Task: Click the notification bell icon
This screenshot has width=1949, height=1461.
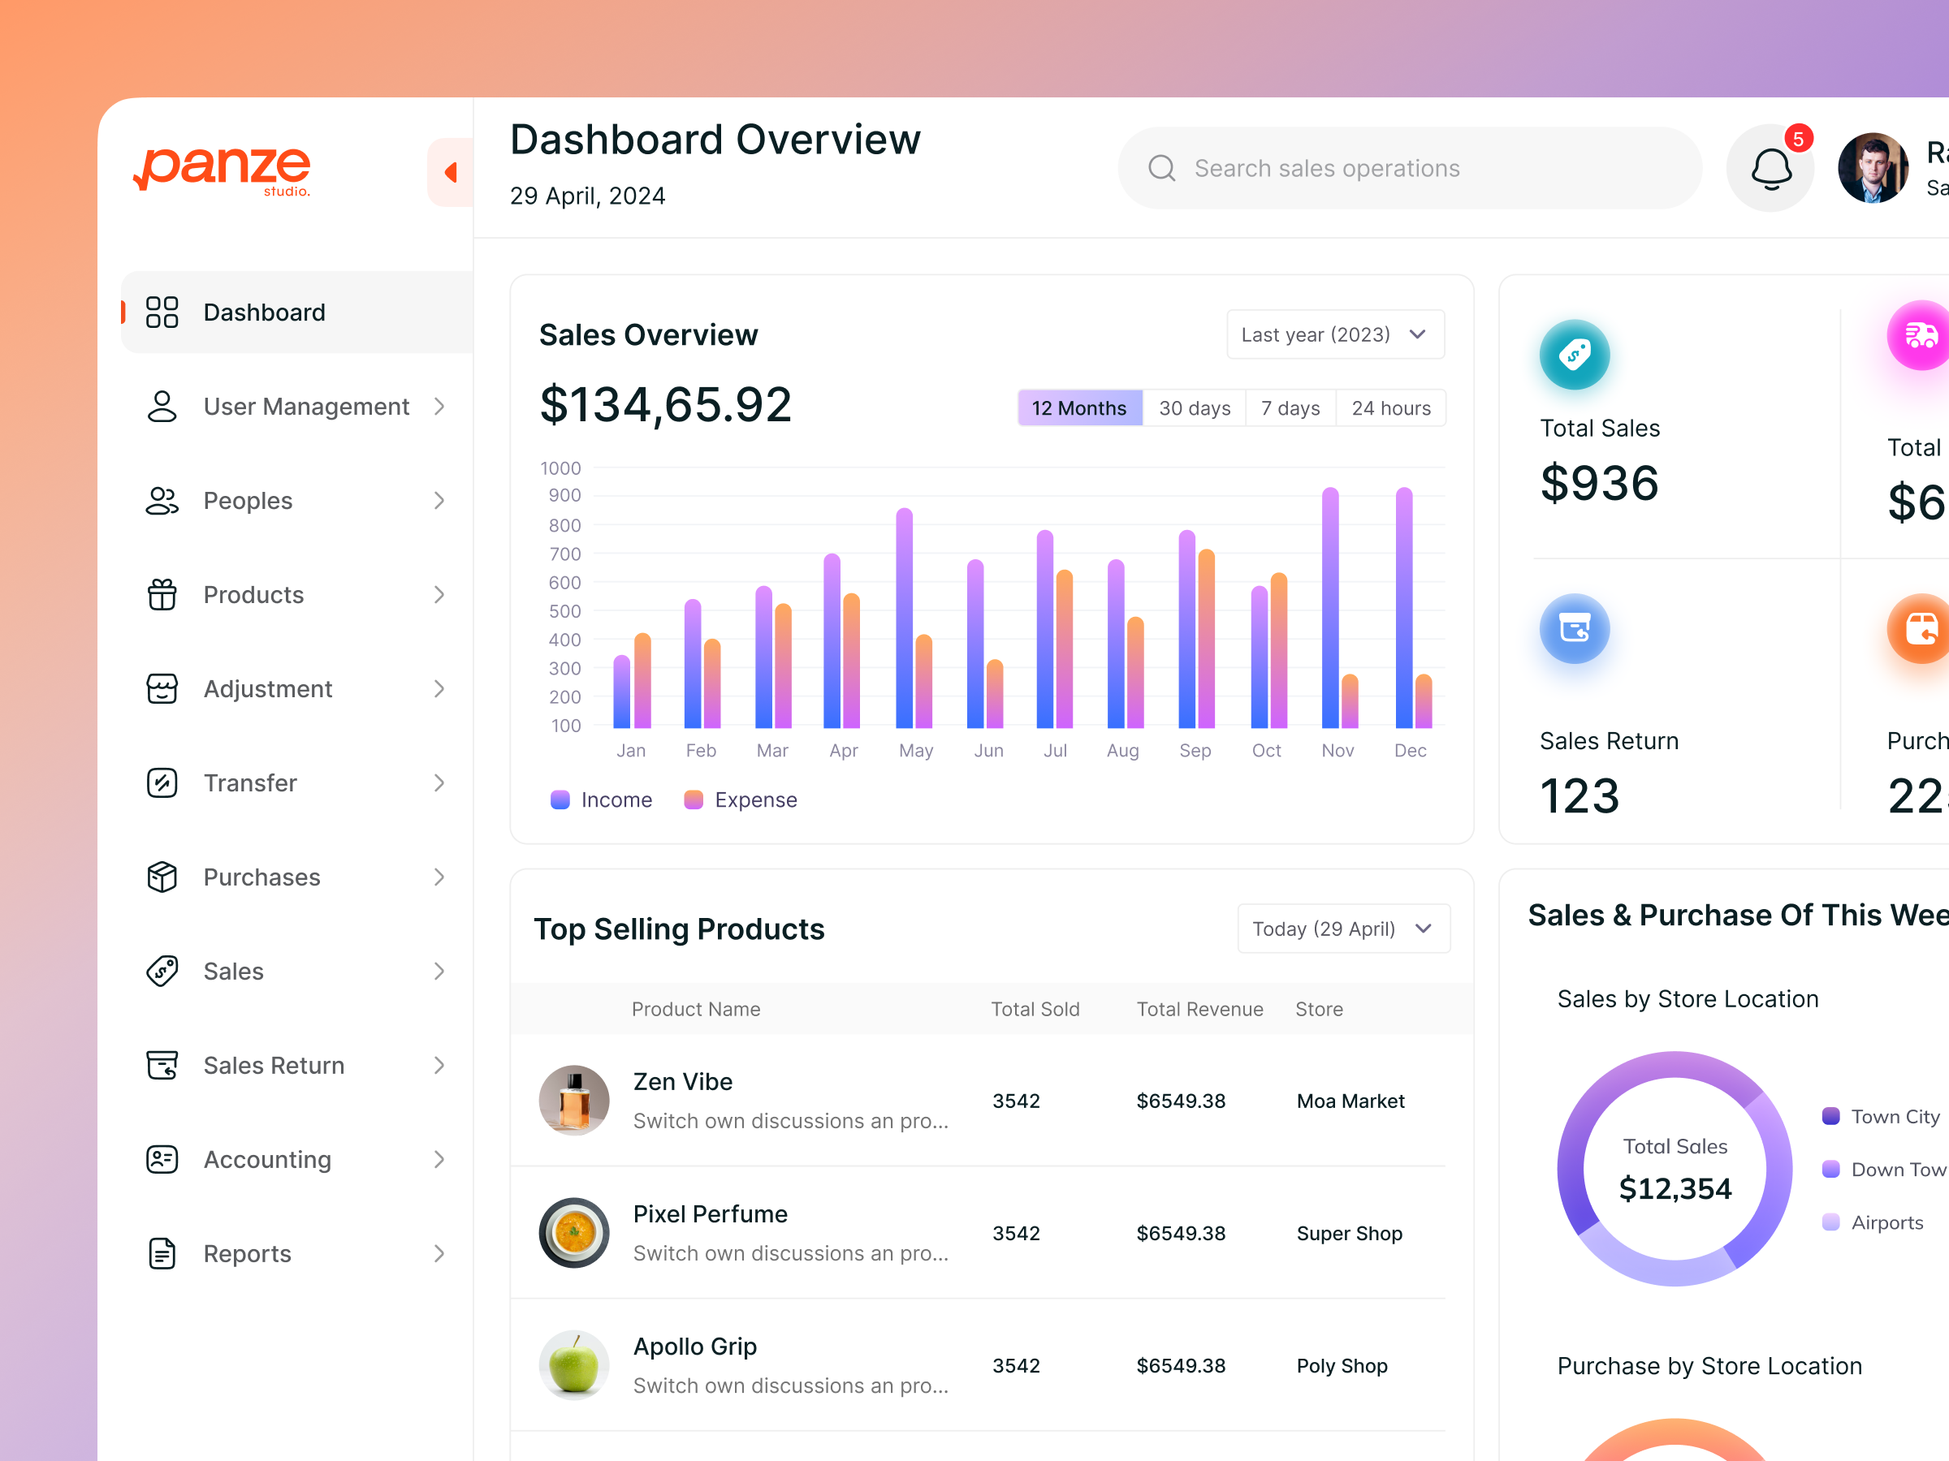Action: tap(1770, 169)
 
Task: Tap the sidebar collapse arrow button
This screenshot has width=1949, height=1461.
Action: tap(450, 172)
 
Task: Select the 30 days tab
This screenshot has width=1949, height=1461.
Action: tap(1194, 407)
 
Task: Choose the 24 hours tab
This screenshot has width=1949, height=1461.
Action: tap(1390, 407)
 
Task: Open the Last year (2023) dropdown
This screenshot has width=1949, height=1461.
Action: tap(1334, 334)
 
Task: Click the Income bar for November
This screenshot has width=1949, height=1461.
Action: tap(1329, 608)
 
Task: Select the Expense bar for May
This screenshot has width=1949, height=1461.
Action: tap(923, 682)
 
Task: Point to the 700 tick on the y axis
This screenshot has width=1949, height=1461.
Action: tap(564, 554)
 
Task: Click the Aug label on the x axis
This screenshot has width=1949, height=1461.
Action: tap(1121, 750)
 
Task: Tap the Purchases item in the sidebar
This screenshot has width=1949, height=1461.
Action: tap(261, 877)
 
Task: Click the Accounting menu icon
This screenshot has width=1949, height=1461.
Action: tap(162, 1160)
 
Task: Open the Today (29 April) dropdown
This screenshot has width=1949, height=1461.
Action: tap(1342, 929)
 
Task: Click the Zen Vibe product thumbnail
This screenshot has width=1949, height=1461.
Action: tap(573, 1100)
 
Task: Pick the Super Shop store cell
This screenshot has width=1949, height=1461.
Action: tap(1349, 1233)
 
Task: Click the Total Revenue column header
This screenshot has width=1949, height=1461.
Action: tap(1199, 1009)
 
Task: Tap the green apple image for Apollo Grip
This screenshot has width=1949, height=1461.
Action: tap(573, 1365)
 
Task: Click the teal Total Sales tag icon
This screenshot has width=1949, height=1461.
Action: tap(1574, 355)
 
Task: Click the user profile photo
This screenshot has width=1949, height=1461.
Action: tap(1873, 168)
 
